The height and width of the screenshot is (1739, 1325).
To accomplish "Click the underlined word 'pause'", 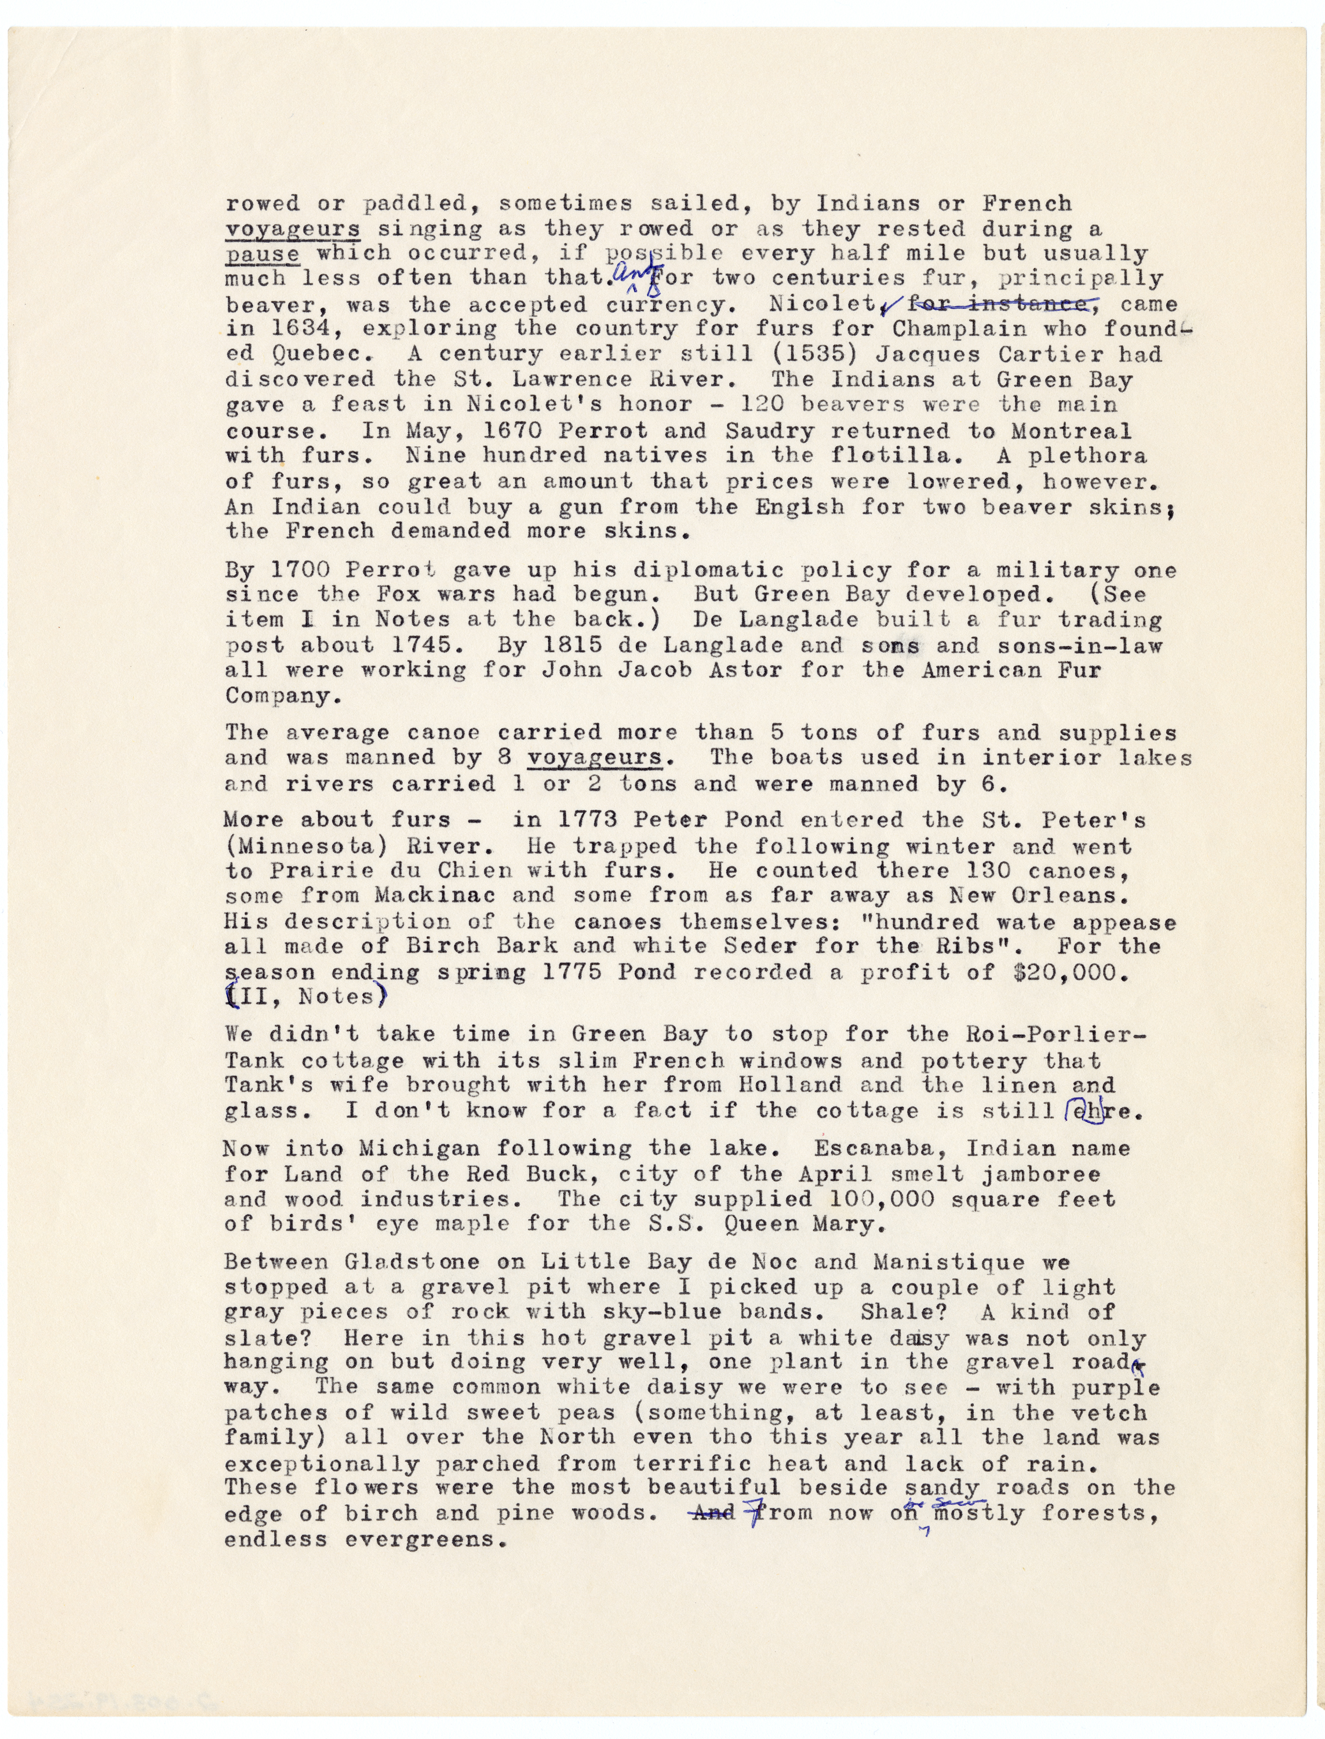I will tap(262, 254).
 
